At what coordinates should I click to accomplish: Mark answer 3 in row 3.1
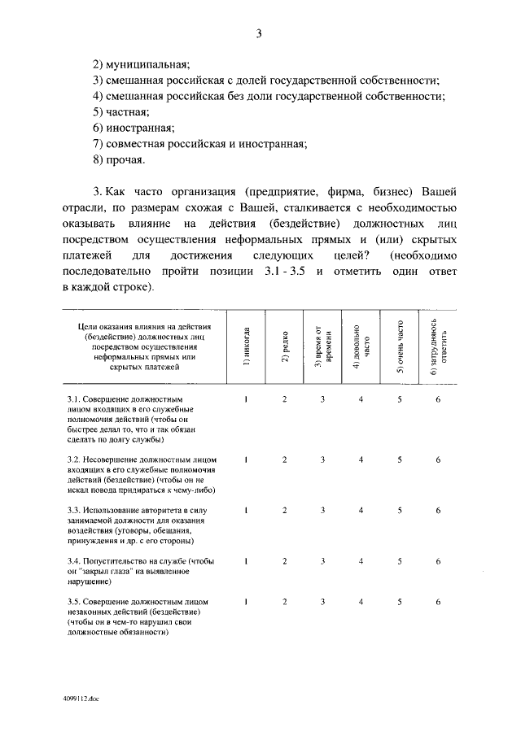pyautogui.click(x=322, y=399)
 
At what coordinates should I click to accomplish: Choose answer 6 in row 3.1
pyautogui.click(x=438, y=399)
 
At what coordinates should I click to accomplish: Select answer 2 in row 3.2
pyautogui.click(x=285, y=460)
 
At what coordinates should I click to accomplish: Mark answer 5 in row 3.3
pyautogui.click(x=400, y=511)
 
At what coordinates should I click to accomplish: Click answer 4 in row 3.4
pyautogui.click(x=361, y=561)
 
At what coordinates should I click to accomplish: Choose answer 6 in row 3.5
pyautogui.click(x=438, y=602)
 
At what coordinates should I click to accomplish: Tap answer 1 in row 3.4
pyautogui.click(x=247, y=561)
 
